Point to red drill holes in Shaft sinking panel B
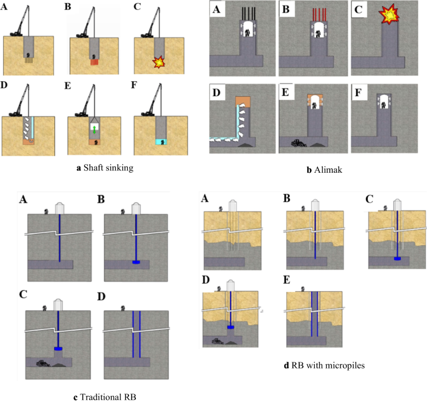click(94, 62)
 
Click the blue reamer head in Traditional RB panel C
click(59, 348)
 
